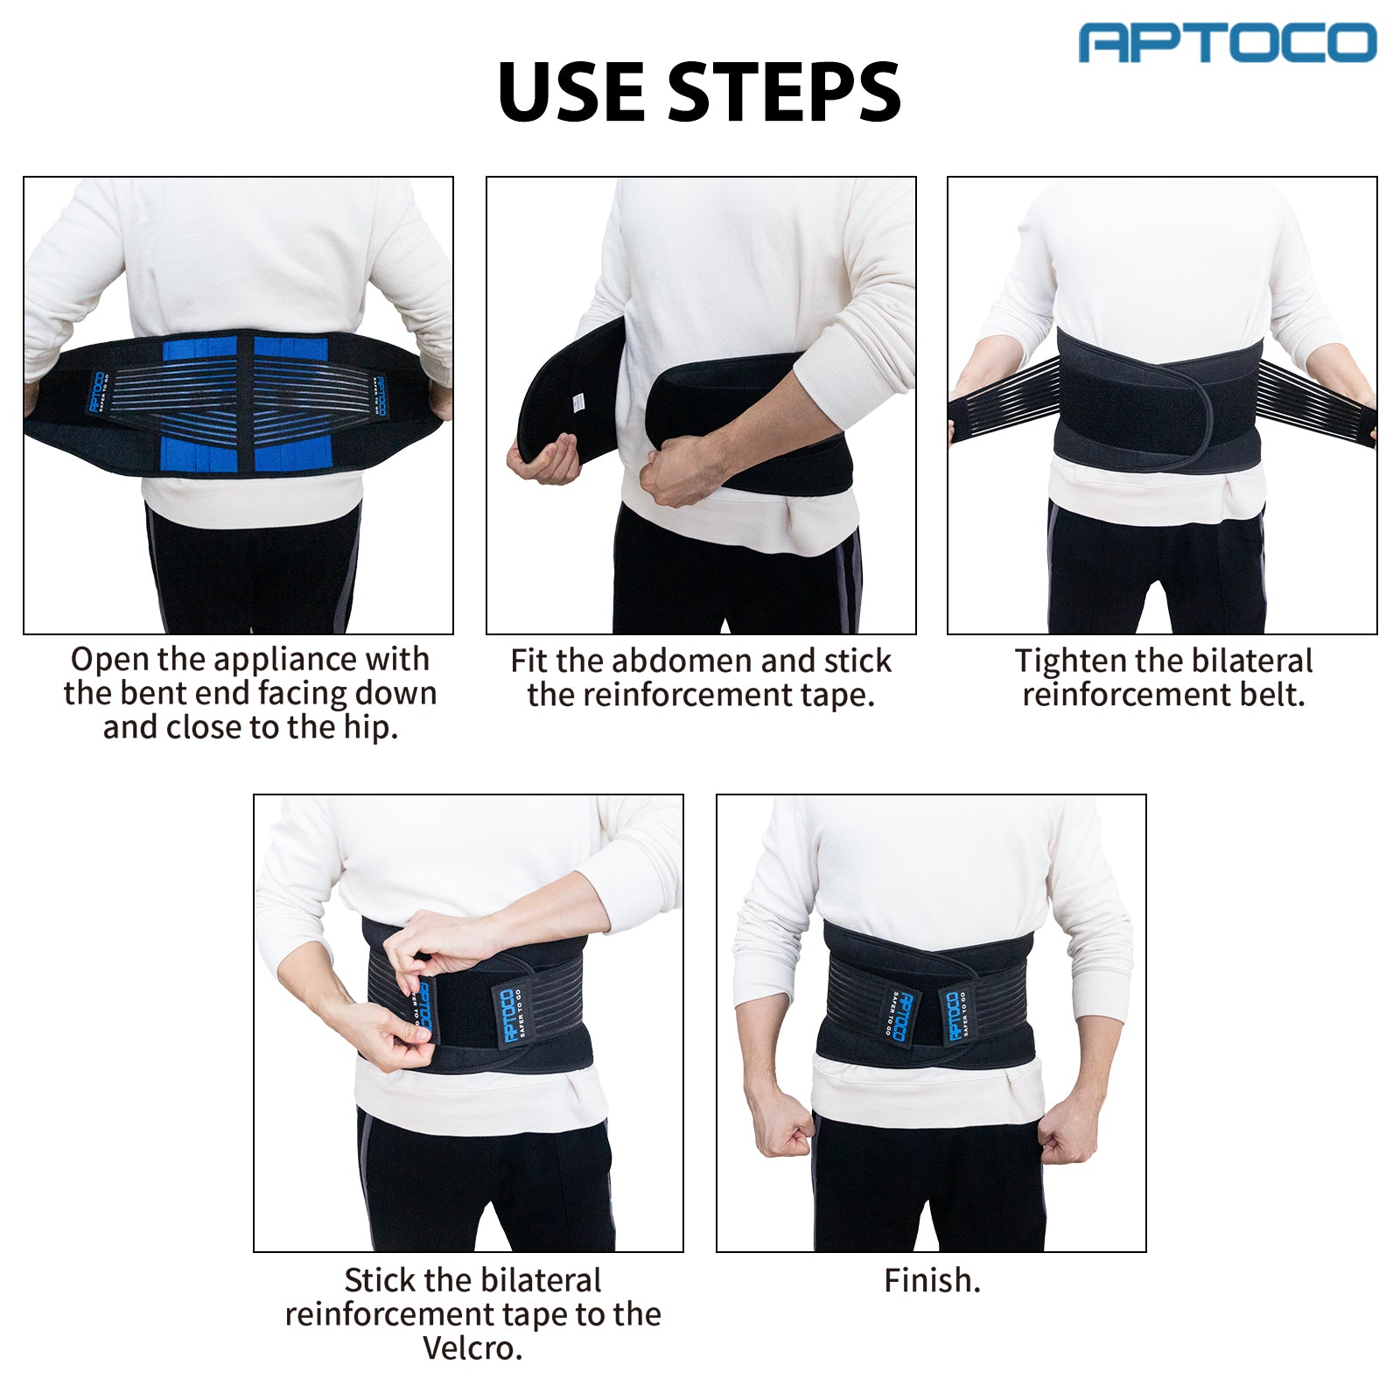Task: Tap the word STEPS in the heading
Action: coord(784,93)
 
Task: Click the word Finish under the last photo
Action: coord(931,1281)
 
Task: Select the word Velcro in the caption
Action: coord(472,1348)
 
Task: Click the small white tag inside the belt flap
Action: coord(577,402)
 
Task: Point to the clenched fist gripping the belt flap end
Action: coord(543,458)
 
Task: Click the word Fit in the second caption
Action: coord(529,661)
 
